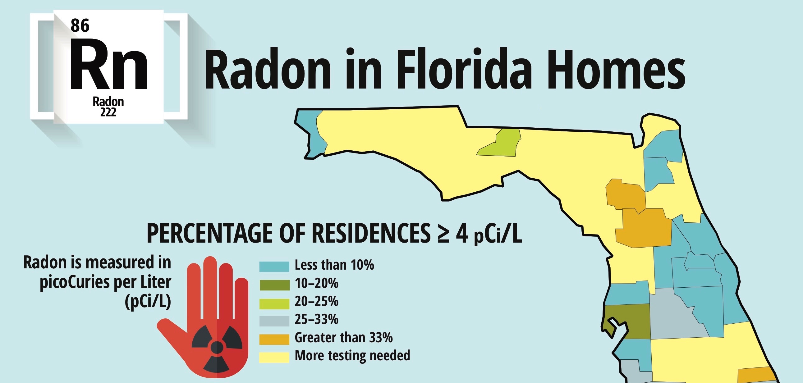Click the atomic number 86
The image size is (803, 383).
[80, 25]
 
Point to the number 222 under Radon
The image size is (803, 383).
[108, 112]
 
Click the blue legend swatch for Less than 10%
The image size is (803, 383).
[274, 267]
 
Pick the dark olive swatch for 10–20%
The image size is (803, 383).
[274, 285]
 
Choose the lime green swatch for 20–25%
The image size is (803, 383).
[274, 303]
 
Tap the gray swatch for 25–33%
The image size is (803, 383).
[274, 321]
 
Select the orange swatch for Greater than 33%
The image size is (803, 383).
[274, 340]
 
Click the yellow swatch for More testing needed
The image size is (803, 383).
[274, 357]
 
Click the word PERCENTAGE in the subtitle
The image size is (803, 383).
[210, 233]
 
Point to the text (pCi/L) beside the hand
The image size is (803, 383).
[148, 301]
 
